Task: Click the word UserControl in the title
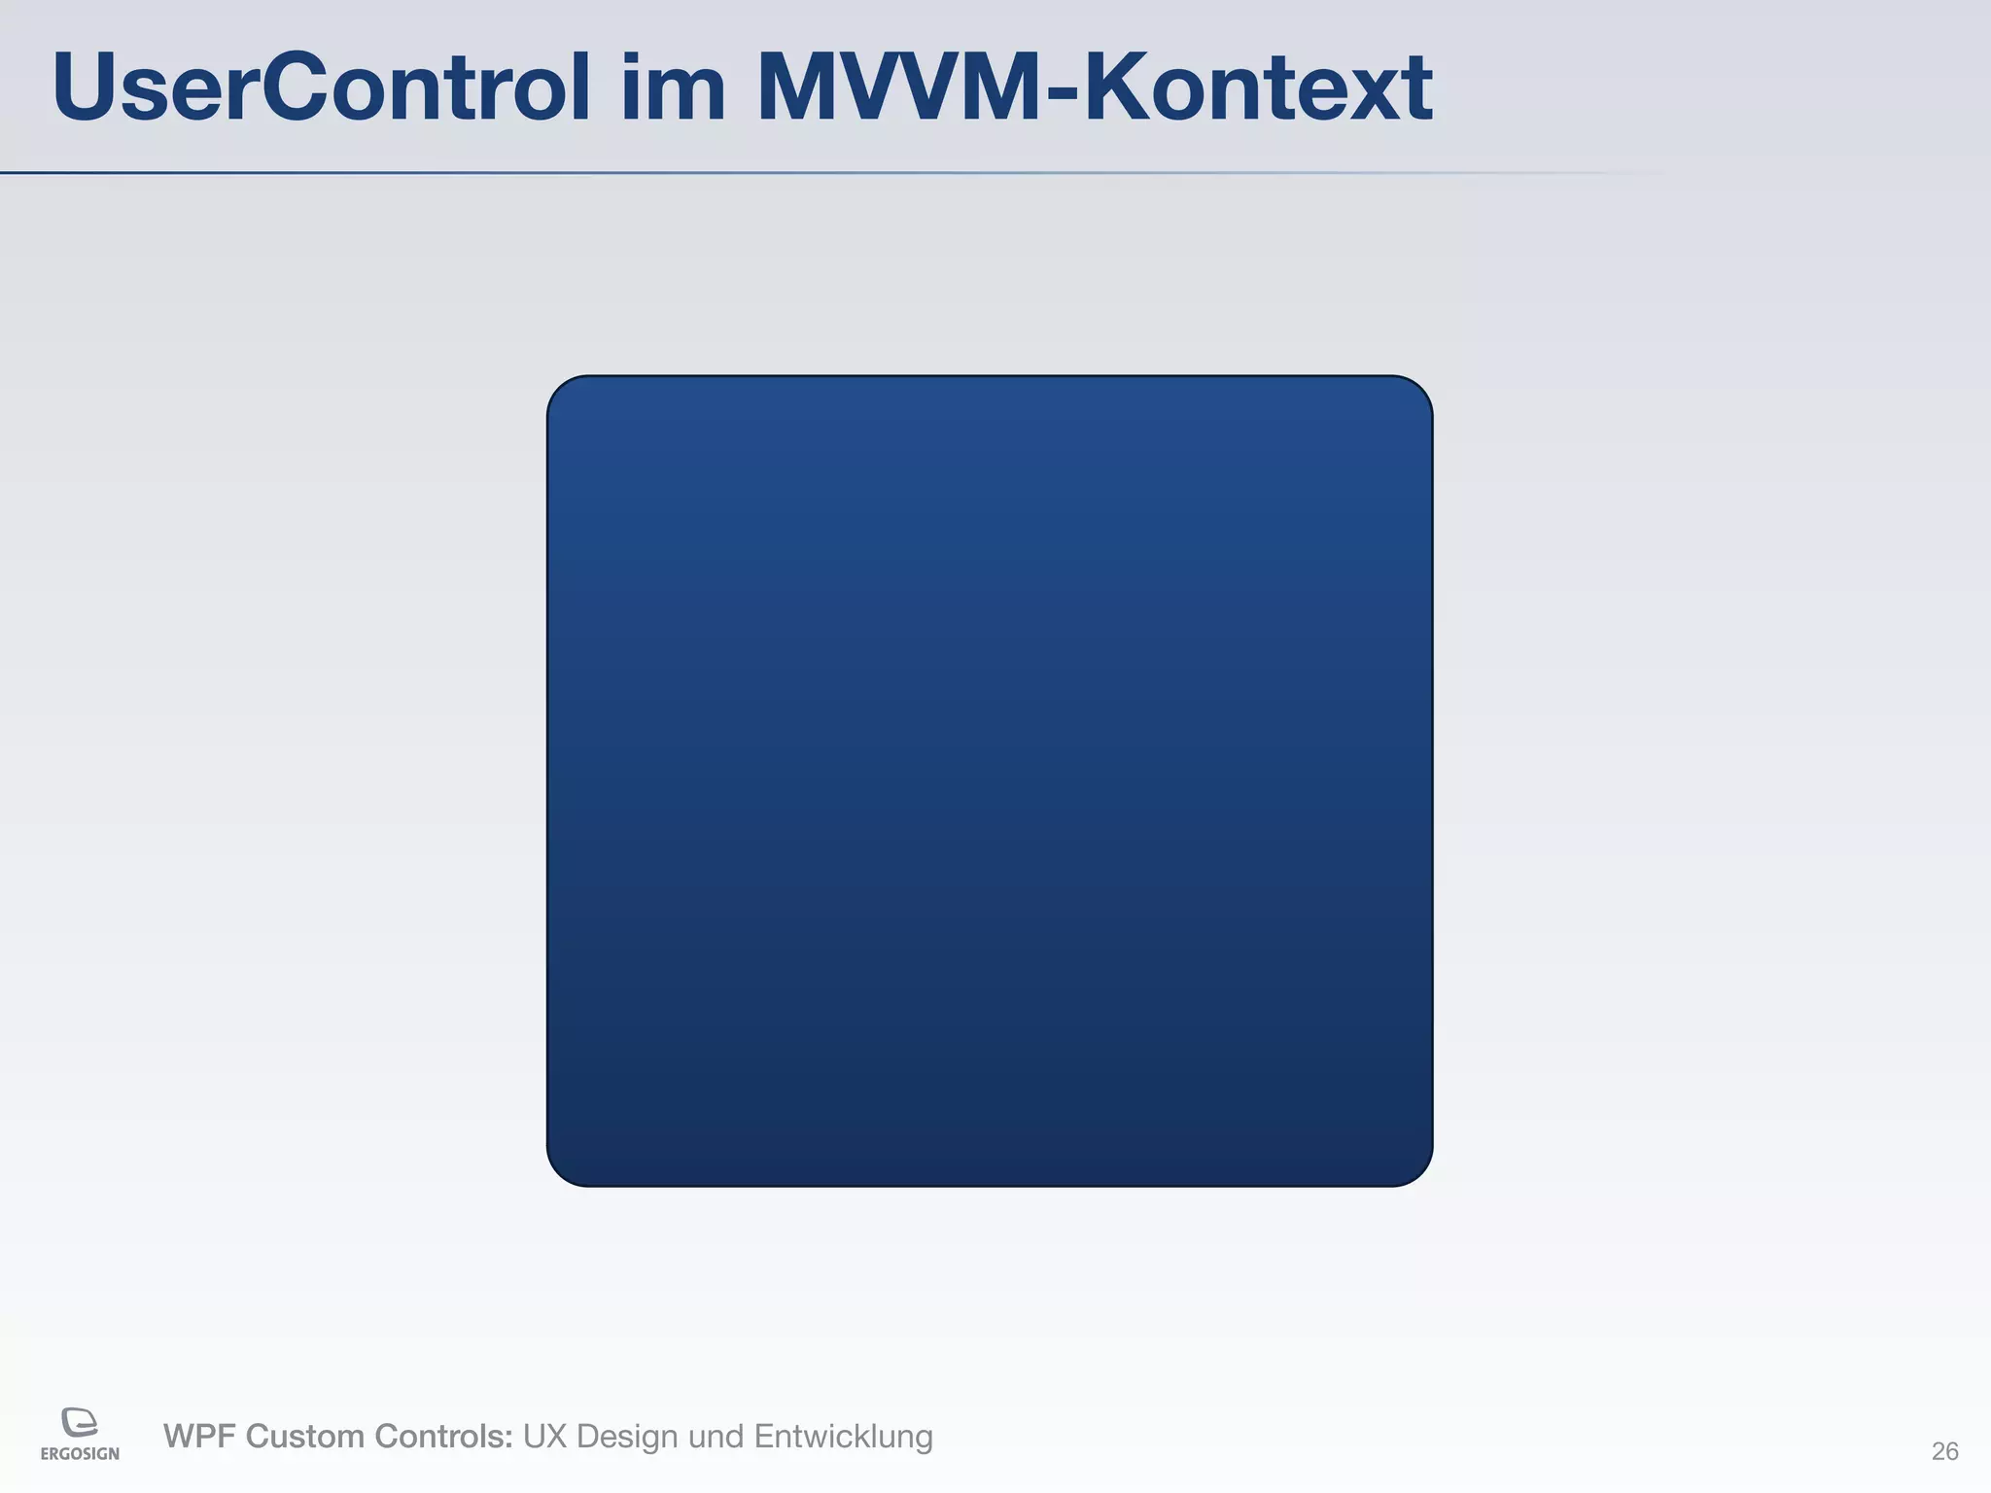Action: point(321,87)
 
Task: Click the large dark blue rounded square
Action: point(990,781)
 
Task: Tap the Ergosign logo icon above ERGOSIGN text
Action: point(80,1422)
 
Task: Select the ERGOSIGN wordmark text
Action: point(80,1454)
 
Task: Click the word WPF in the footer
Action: point(199,1437)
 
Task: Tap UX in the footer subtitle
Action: point(544,1437)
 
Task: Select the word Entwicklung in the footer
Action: point(843,1437)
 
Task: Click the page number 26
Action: point(1944,1451)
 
